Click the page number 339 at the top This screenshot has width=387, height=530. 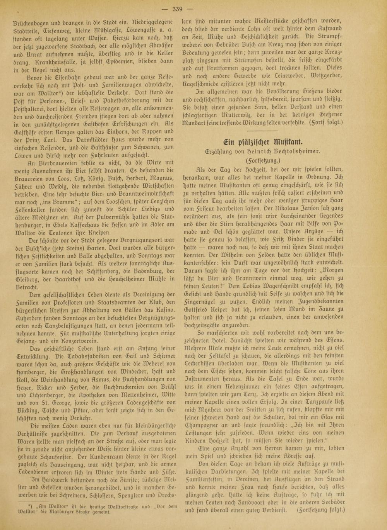[193, 8]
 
